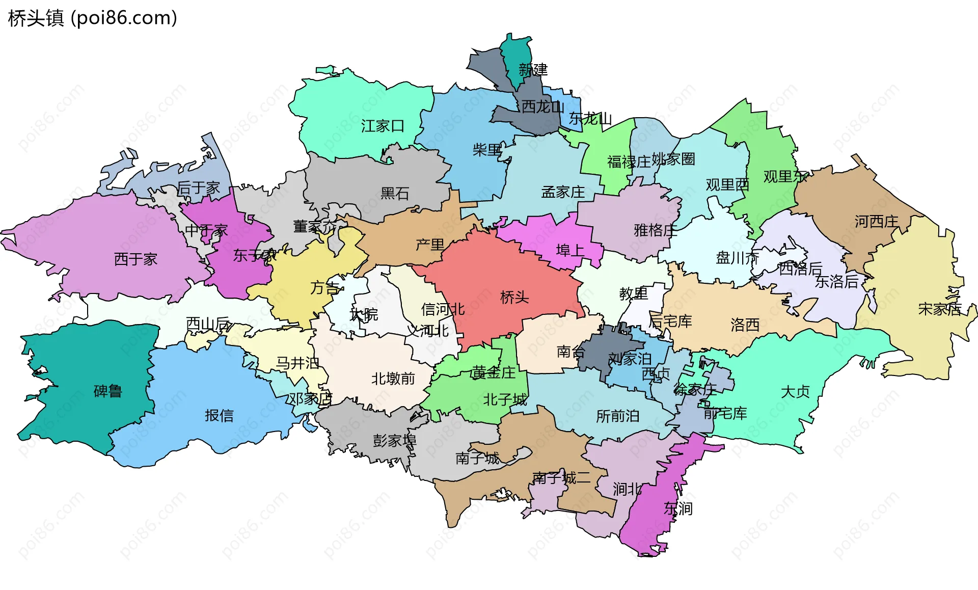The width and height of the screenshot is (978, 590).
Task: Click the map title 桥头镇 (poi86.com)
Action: (93, 18)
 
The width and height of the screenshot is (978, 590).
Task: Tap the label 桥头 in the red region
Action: (514, 297)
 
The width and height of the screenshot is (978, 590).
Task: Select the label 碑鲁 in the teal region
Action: (108, 391)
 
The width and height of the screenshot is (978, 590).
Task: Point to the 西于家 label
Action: (135, 259)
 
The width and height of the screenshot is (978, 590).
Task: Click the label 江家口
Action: (383, 126)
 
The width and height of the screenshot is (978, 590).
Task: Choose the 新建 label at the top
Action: (533, 70)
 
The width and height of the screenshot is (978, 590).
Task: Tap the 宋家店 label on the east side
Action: (939, 309)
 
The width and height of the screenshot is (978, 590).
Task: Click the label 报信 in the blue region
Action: (219, 416)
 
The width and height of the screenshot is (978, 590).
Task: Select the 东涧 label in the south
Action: (678, 508)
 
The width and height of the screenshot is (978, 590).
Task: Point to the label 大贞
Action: (795, 392)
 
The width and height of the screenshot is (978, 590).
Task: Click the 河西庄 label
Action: (876, 222)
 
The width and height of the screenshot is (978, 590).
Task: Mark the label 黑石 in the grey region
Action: (395, 193)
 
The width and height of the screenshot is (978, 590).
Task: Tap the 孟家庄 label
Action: (563, 192)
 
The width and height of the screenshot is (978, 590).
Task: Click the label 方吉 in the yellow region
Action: (324, 288)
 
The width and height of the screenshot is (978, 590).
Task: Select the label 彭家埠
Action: (394, 441)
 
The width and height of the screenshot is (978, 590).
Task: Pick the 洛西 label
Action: (745, 325)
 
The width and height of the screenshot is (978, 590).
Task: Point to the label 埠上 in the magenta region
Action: (570, 250)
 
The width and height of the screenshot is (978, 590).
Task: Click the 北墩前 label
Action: (393, 379)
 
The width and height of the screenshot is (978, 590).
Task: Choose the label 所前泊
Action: (617, 416)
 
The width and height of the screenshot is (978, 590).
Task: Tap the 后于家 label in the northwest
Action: (198, 188)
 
